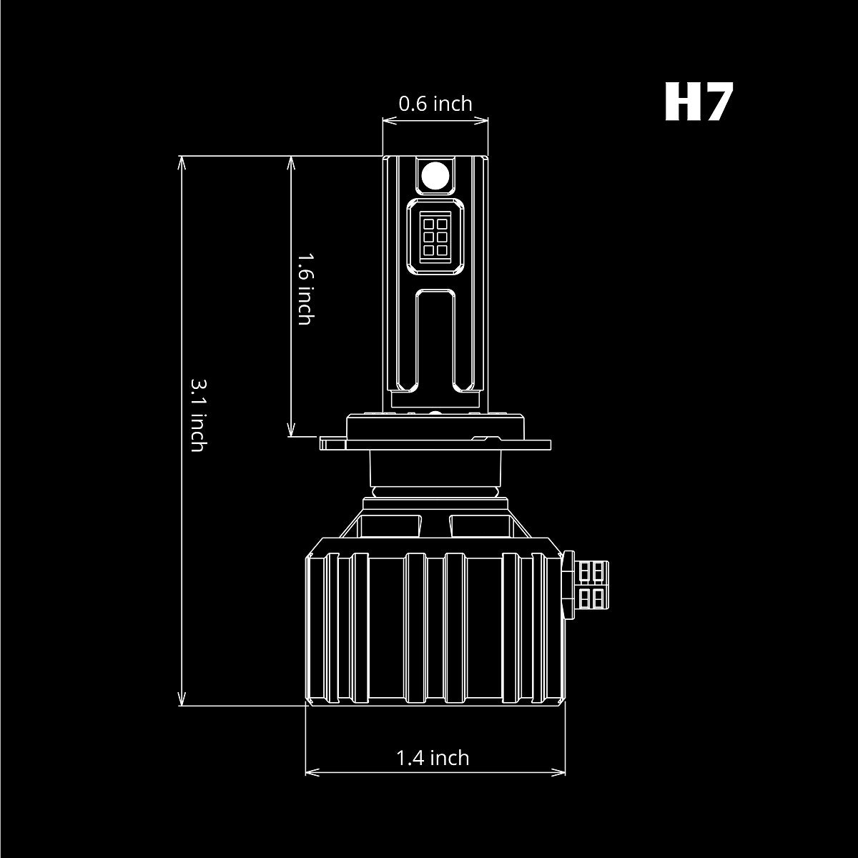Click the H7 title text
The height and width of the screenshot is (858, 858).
tap(699, 102)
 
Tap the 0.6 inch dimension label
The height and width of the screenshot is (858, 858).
tap(435, 104)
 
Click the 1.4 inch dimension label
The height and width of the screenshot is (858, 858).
tap(433, 757)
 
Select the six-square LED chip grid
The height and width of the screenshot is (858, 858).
tap(435, 234)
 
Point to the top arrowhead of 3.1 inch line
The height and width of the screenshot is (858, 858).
tap(183, 162)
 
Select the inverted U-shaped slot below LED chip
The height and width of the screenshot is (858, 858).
tap(435, 336)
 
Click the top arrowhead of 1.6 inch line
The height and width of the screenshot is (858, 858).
tap(291, 162)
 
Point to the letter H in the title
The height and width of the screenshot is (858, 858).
tap(679, 102)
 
